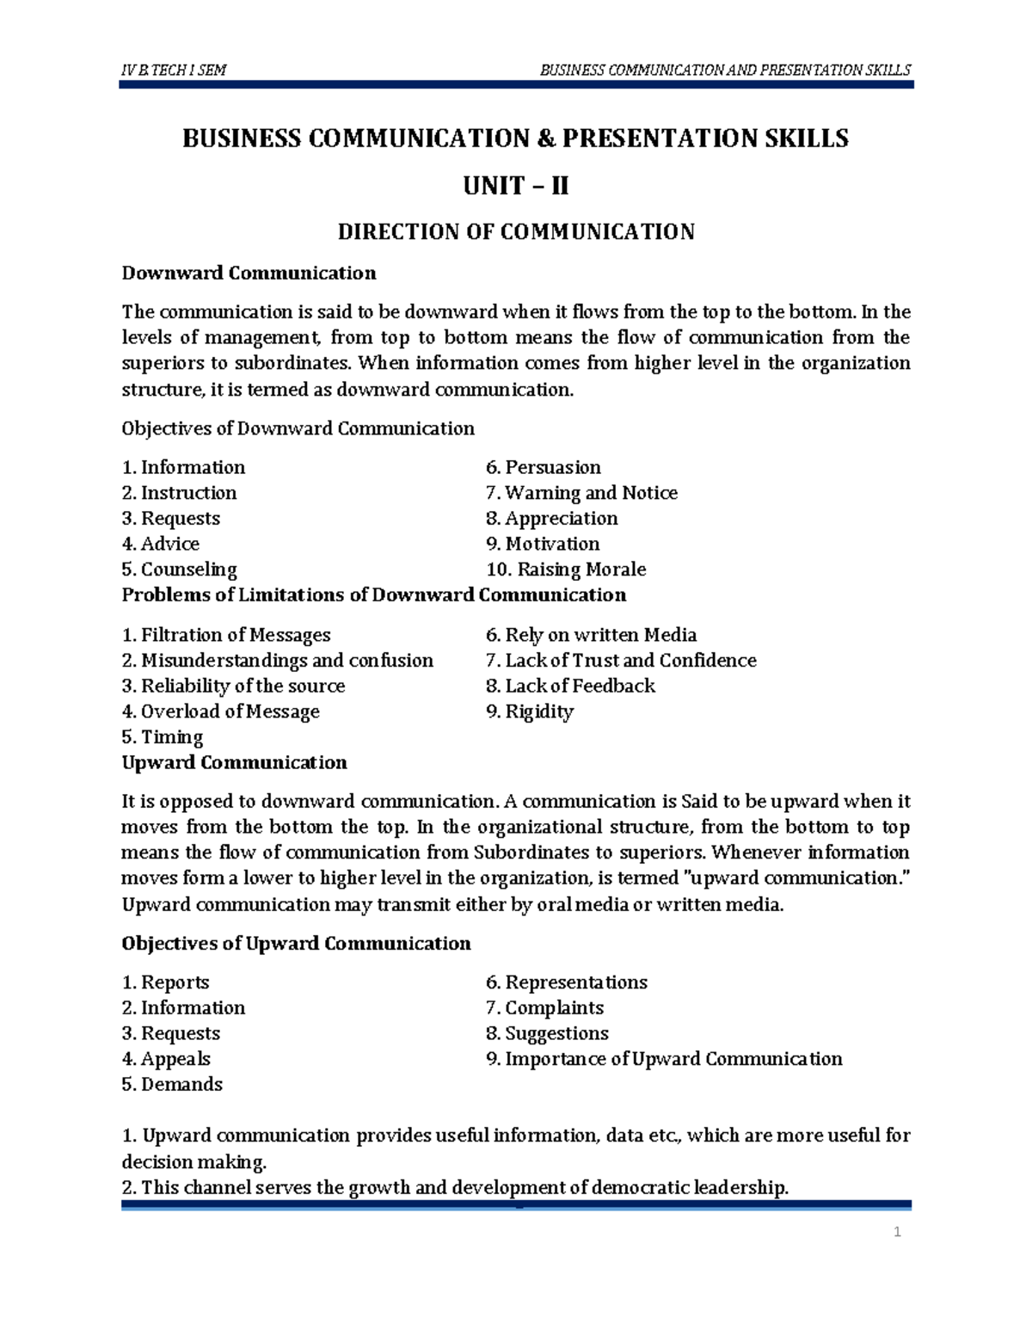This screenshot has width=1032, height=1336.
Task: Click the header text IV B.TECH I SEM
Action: [174, 71]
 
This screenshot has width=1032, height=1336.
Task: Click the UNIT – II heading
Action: [515, 186]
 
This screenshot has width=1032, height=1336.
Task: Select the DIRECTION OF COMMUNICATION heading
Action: [515, 232]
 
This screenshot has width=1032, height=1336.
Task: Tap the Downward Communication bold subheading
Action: [249, 274]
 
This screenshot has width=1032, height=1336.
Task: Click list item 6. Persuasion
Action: [543, 467]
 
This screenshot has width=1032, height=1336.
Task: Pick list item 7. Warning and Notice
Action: [581, 493]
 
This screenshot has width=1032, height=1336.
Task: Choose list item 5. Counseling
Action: [179, 569]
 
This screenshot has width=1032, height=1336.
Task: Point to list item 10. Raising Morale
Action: [566, 569]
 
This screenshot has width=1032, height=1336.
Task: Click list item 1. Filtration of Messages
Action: [225, 635]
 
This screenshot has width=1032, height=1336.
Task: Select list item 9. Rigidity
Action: [529, 711]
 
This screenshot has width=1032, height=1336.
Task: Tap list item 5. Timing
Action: [162, 737]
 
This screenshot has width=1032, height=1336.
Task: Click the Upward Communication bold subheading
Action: [234, 763]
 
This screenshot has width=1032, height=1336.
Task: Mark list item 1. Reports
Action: [165, 982]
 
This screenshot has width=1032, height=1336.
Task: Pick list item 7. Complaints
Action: [544, 1008]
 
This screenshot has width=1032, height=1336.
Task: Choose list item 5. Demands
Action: [172, 1085]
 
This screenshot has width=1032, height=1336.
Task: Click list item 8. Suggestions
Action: [547, 1033]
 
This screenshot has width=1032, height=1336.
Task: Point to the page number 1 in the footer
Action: [897, 1233]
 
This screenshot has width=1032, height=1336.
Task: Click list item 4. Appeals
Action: [166, 1059]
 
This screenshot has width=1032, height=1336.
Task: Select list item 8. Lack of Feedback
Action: [570, 686]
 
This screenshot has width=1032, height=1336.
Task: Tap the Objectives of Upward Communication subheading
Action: [296, 944]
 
